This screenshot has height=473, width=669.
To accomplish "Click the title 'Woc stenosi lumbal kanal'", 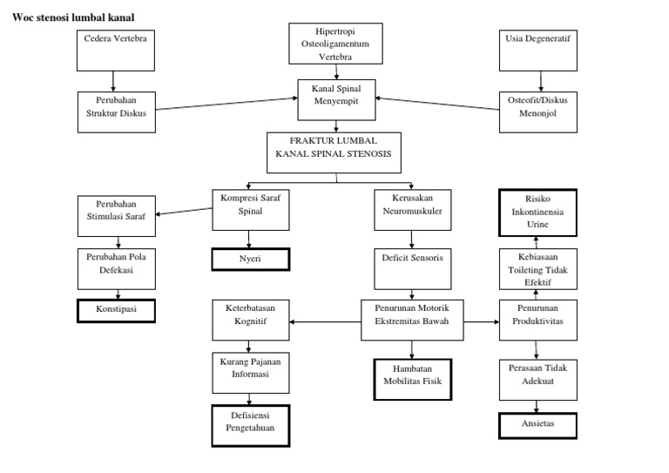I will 74,17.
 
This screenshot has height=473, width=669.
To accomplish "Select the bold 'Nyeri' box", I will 251,260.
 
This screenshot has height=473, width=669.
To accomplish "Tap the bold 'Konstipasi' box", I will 116,310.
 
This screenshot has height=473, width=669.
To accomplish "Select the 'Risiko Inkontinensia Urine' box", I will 537,212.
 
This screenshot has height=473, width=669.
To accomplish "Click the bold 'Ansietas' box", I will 537,424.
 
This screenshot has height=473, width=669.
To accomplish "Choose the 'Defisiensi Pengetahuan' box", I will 251,424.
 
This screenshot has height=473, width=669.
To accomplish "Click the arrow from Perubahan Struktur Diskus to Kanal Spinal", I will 226,103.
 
